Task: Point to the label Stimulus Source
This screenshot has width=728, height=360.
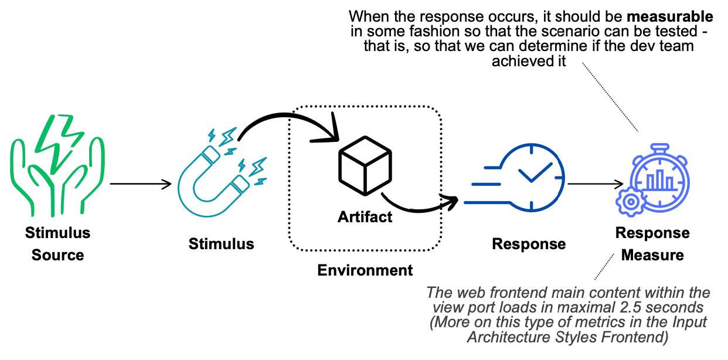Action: point(57,244)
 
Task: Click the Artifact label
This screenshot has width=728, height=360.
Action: point(365,218)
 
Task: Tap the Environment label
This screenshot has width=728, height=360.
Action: point(365,270)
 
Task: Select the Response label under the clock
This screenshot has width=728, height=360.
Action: point(529,244)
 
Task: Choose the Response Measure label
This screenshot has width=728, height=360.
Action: point(652,244)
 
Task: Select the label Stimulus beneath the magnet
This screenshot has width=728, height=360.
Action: point(222,244)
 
